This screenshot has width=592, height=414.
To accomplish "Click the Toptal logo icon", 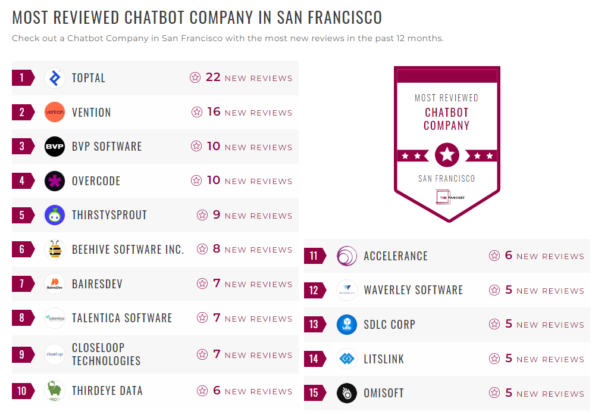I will click(x=55, y=78).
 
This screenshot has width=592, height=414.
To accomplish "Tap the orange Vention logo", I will click(x=55, y=112).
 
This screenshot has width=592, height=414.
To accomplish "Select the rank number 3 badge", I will click(x=22, y=147).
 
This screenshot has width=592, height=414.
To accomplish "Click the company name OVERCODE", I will click(x=96, y=180).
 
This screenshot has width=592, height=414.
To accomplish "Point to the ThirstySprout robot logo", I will click(x=55, y=215).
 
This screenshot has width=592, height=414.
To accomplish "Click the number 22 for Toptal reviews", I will click(x=213, y=77).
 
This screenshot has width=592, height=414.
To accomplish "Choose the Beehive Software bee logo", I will click(x=55, y=250).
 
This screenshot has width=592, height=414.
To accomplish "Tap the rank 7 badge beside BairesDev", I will click(x=22, y=284).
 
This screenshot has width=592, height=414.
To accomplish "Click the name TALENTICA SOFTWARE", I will click(x=122, y=318).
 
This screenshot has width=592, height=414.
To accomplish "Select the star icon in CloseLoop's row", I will click(x=202, y=354).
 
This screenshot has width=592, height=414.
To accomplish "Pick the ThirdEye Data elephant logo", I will click(x=55, y=391).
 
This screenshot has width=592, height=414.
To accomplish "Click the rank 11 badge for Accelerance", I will click(x=314, y=256).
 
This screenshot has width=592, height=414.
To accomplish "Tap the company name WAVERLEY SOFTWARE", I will click(x=413, y=290).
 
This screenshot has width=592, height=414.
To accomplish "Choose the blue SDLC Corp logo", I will click(x=347, y=325).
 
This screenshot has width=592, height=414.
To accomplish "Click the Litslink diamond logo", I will click(x=347, y=359).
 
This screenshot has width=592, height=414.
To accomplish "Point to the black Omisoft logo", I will click(x=347, y=393).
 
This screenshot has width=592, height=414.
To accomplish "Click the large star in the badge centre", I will click(x=447, y=155).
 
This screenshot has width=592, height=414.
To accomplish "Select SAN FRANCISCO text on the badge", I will click(x=447, y=179).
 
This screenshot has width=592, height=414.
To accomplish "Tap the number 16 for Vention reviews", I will click(x=214, y=112).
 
